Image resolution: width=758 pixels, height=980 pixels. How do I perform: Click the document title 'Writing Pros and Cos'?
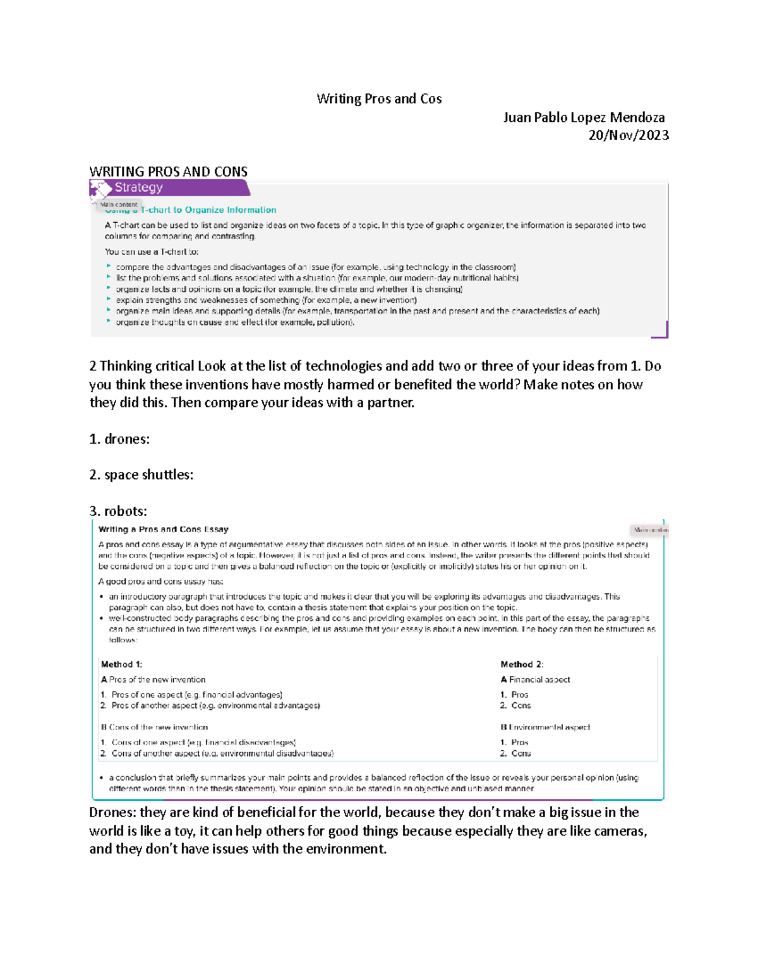tap(379, 99)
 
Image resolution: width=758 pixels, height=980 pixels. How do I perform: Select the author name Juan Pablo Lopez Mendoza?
tap(583, 117)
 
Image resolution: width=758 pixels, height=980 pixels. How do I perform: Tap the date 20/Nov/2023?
tap(628, 135)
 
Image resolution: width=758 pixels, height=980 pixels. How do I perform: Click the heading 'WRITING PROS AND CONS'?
tap(168, 172)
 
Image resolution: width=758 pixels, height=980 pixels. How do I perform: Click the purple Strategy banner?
tap(169, 187)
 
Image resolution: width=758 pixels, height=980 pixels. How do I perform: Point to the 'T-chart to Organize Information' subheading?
tap(208, 210)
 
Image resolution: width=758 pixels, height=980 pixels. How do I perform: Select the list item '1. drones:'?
tap(119, 439)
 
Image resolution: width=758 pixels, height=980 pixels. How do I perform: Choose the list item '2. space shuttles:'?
tap(141, 475)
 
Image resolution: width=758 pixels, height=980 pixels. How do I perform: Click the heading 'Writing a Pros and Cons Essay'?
tap(163, 529)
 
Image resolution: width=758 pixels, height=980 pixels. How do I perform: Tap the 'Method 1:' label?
tap(121, 664)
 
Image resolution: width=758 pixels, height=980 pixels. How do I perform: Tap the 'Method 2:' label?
tap(522, 664)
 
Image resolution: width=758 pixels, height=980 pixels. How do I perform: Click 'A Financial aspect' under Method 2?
tap(535, 680)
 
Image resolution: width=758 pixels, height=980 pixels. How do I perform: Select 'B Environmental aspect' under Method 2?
tap(544, 727)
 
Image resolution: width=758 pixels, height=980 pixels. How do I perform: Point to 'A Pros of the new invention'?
tap(153, 680)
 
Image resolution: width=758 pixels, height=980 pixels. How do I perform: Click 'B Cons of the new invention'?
tap(154, 727)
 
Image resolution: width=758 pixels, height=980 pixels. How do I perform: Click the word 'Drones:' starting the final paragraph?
tap(112, 813)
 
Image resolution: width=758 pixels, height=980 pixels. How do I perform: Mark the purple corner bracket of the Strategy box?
tap(661, 331)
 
